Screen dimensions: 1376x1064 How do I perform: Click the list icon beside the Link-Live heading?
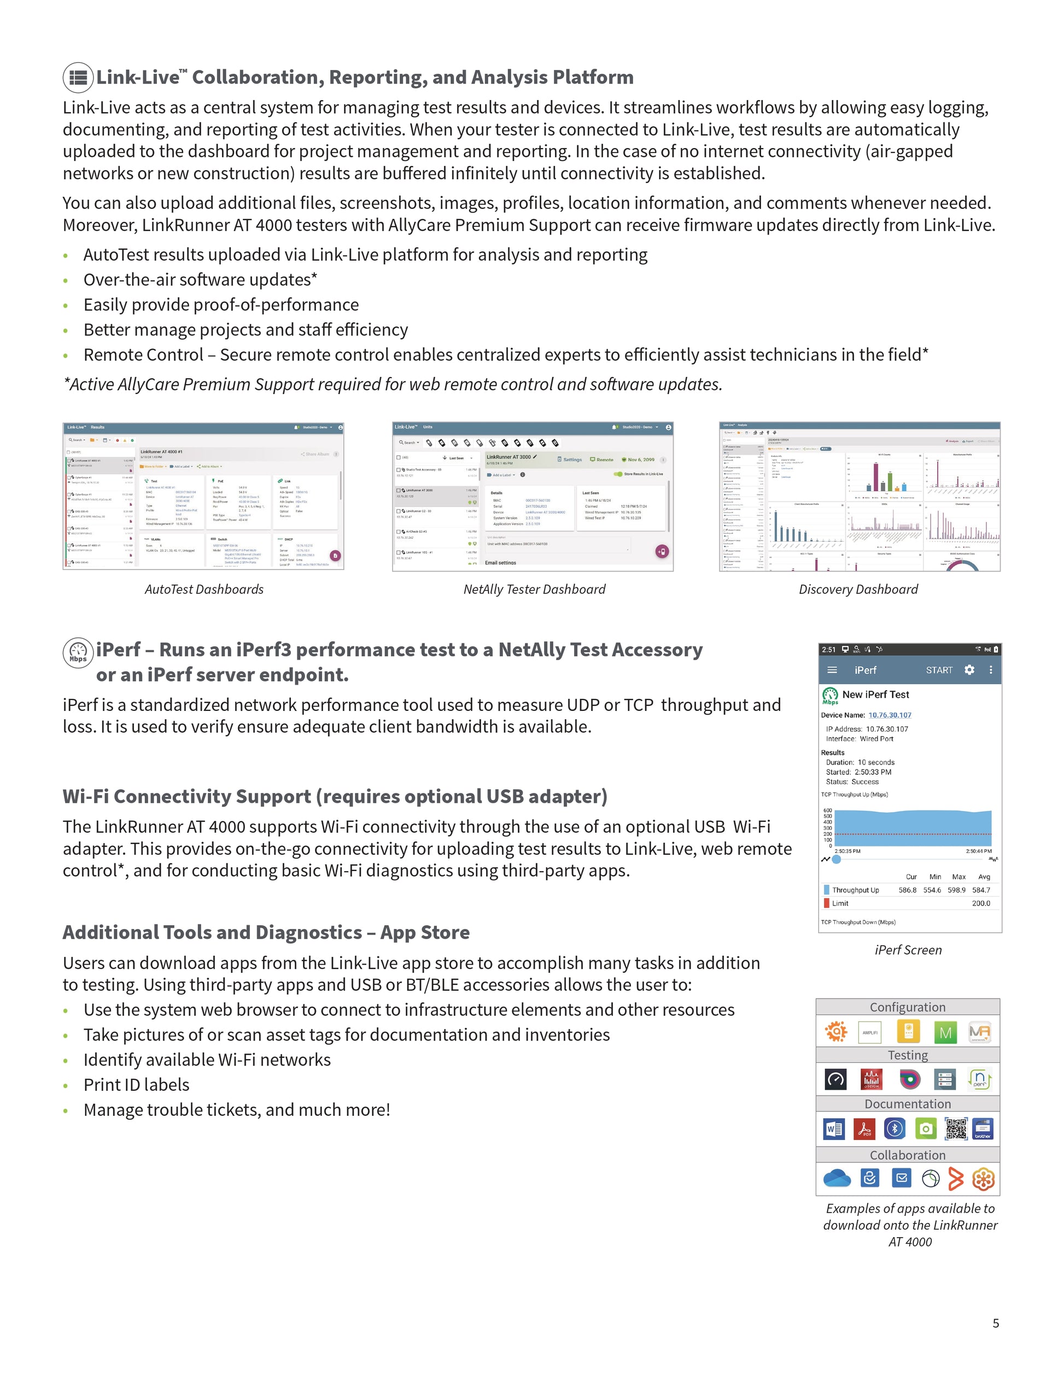(78, 78)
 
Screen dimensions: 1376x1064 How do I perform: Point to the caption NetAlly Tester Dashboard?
(534, 589)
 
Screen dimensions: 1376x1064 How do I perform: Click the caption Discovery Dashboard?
(858, 589)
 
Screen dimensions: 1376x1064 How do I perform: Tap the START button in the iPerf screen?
(939, 670)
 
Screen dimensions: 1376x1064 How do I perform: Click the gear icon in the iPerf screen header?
(969, 670)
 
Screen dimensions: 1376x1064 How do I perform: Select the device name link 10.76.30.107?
(890, 715)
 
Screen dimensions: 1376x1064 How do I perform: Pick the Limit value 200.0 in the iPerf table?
(981, 903)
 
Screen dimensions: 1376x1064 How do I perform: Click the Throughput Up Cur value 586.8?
(907, 890)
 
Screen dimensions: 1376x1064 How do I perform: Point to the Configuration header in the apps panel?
(908, 1007)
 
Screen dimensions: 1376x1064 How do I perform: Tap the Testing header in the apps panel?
(908, 1055)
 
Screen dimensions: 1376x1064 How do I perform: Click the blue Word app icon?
(834, 1129)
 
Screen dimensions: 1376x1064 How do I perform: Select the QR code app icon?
(956, 1129)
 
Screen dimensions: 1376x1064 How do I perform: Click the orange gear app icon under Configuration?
(836, 1031)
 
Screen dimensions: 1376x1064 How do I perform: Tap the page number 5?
(996, 1323)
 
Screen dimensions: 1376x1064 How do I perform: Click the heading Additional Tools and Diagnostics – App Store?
(266, 932)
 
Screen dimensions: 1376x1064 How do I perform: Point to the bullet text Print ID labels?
(136, 1084)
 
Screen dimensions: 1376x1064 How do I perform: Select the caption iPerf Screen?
(908, 950)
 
